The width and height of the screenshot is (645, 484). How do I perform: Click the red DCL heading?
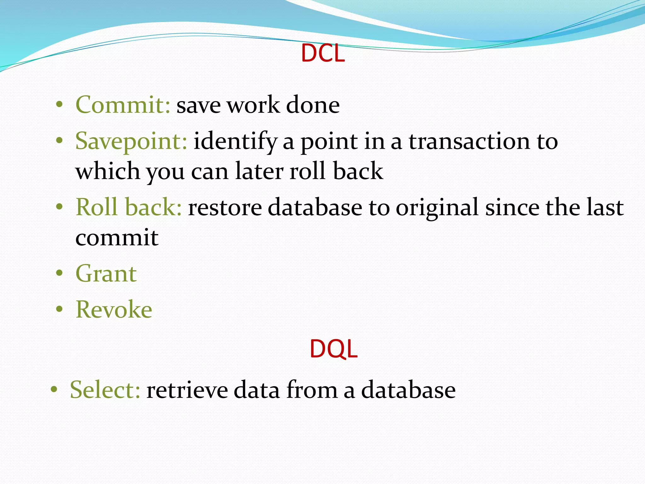point(323,53)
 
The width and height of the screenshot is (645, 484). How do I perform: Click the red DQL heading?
point(334,349)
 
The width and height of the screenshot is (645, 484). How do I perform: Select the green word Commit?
point(123,105)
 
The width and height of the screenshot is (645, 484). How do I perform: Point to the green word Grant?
point(106,274)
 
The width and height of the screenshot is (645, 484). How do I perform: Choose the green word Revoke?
point(114,309)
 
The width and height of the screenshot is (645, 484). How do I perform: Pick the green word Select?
point(105,390)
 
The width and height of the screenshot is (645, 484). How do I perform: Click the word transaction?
point(469,141)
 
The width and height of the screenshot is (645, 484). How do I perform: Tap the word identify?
point(235,141)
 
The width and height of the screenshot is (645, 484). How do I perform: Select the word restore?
point(225,208)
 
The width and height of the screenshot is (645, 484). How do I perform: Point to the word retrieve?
point(187,390)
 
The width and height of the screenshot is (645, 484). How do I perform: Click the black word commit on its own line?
point(117,238)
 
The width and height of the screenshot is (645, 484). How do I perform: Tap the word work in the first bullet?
point(253,105)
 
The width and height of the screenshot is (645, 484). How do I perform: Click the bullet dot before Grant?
point(60,273)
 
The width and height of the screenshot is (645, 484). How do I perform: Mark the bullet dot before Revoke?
point(60,309)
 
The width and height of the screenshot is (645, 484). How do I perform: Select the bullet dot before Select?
point(54,389)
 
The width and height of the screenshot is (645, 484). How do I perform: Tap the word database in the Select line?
point(408,390)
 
